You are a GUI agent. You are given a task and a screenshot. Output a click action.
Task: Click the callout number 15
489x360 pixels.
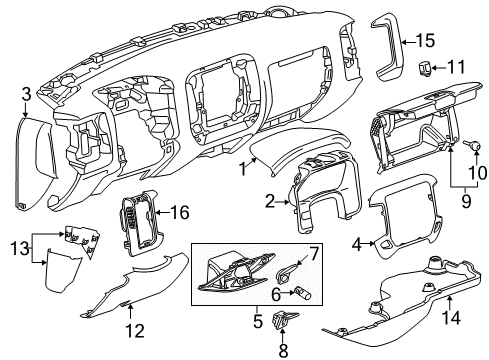(x=425, y=42)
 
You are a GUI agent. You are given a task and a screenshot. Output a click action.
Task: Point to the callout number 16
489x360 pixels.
(x=180, y=213)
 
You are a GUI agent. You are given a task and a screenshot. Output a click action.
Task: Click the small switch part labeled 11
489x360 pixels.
(x=425, y=68)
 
